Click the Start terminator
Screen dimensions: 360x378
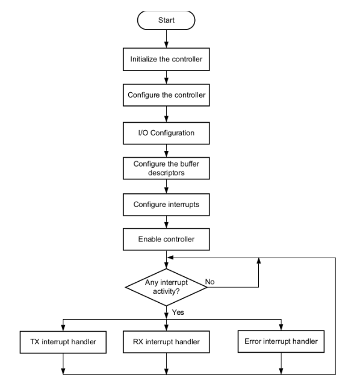(x=166, y=20)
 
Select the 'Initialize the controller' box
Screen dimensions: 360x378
(x=166, y=60)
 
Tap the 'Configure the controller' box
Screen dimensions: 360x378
(x=166, y=95)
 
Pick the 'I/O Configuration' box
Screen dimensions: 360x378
(x=166, y=133)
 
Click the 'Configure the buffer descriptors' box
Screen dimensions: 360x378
(x=166, y=169)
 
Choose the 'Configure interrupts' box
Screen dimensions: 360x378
(x=166, y=205)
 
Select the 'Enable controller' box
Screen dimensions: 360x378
(x=166, y=240)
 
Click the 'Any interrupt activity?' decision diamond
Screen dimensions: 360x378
(x=166, y=287)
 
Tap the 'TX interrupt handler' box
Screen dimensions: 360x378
(x=63, y=342)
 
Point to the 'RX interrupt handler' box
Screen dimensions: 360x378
(x=166, y=342)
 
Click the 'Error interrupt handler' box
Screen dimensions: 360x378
(x=281, y=341)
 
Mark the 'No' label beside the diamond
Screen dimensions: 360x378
(x=209, y=282)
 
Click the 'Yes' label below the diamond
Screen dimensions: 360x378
(x=178, y=312)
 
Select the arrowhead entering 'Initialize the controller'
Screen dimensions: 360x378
(x=166, y=45)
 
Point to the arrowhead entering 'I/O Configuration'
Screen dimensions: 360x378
(x=166, y=119)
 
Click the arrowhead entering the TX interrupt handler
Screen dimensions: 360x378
(x=63, y=328)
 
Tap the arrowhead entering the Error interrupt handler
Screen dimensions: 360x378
(x=281, y=327)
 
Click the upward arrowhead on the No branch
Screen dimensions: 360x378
(x=259, y=261)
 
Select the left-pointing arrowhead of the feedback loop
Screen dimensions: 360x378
(x=170, y=258)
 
